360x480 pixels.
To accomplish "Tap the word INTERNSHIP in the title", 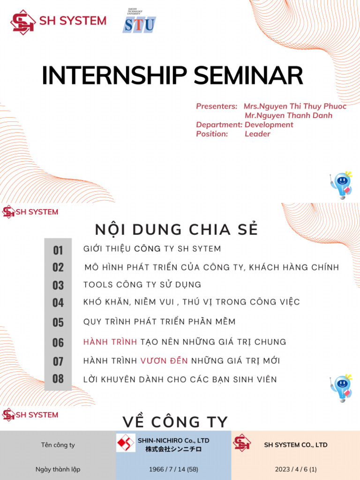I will click(114, 76).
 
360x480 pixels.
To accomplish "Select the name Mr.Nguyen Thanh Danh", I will click(288, 115).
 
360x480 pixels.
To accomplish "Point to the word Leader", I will click(257, 134).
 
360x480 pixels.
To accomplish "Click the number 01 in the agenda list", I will click(58, 250).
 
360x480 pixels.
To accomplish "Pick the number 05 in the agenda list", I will click(58, 322).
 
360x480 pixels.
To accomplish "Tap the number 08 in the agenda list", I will click(58, 379).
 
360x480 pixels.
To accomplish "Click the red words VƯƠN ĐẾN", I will click(164, 361).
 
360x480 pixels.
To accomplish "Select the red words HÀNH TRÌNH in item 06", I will click(110, 342).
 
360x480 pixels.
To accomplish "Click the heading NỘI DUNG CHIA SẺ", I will click(176, 230).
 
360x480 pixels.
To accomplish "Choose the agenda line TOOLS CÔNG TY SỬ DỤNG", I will click(142, 285).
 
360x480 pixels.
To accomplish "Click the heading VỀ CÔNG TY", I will click(175, 422).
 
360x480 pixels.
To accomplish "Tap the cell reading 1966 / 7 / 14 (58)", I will click(173, 469).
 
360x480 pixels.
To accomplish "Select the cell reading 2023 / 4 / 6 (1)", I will click(295, 469).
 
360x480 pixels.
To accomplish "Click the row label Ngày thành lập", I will click(58, 469).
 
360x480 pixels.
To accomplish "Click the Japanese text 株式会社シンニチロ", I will click(173, 449).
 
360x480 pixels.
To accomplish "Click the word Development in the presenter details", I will click(269, 125).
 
